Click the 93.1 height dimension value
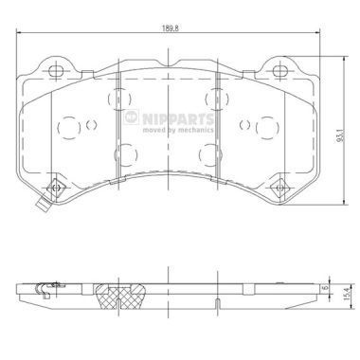pyautogui.click(x=339, y=135)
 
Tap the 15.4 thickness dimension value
pyautogui.click(x=349, y=293)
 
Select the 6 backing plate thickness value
pyautogui.click(x=323, y=288)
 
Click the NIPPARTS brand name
pyautogui.click(x=178, y=119)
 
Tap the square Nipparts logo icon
pyautogui.click(x=131, y=117)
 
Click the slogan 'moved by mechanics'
pyautogui.click(x=178, y=130)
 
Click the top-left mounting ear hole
pyautogui.click(x=57, y=70)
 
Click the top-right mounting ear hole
pyautogui.click(x=279, y=71)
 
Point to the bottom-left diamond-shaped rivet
pyautogui.click(x=56, y=188)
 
